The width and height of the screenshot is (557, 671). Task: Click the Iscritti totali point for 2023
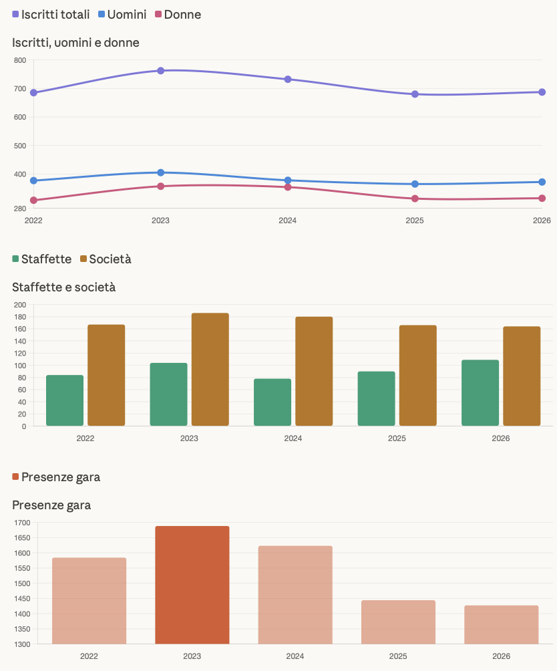pyautogui.click(x=161, y=71)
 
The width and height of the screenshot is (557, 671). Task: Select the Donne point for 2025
pyautogui.click(x=415, y=198)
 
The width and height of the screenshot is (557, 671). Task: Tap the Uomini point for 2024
pyautogui.click(x=288, y=180)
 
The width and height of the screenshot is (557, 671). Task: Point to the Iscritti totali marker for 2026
pyautogui.click(x=542, y=92)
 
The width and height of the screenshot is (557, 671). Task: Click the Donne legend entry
pyautogui.click(x=178, y=15)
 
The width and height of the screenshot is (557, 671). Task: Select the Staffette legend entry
pyautogui.click(x=41, y=259)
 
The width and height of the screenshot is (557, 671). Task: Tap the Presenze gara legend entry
pyautogui.click(x=56, y=477)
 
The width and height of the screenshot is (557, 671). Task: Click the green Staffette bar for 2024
pyautogui.click(x=272, y=402)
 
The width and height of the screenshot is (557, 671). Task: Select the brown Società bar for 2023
pyautogui.click(x=210, y=370)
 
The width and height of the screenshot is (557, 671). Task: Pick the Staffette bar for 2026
pyautogui.click(x=480, y=393)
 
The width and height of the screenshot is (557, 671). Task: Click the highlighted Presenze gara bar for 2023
pyautogui.click(x=192, y=585)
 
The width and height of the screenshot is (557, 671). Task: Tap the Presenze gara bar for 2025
pyautogui.click(x=398, y=622)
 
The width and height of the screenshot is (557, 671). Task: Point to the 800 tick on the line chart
pyautogui.click(x=19, y=61)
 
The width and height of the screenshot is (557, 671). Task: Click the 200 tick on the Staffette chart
pyautogui.click(x=19, y=305)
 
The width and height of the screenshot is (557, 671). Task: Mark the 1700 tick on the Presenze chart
pyautogui.click(x=22, y=523)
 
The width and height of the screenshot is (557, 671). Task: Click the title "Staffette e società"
pyautogui.click(x=64, y=287)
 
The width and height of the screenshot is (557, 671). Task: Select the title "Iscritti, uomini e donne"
pyautogui.click(x=75, y=43)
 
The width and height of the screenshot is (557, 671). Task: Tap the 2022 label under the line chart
pyautogui.click(x=33, y=220)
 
